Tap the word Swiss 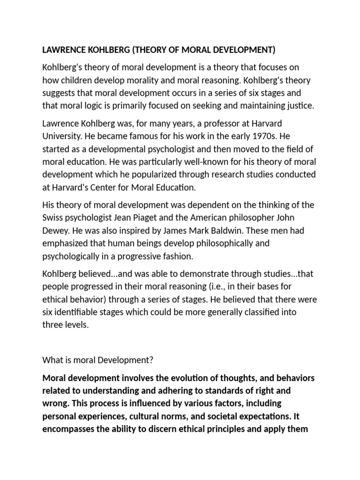(x=53, y=218)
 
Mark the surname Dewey (x=56, y=231)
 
